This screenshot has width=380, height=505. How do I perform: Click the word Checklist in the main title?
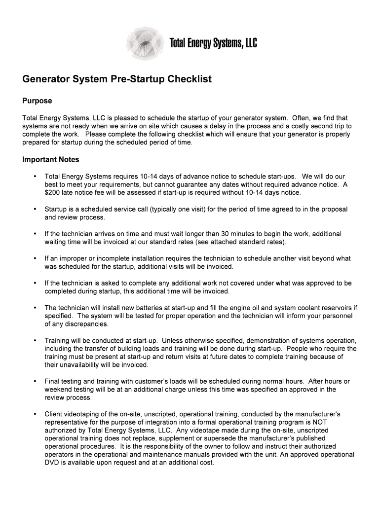click(x=190, y=79)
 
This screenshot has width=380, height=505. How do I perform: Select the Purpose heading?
click(x=38, y=101)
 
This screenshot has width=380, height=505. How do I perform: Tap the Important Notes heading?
click(x=51, y=160)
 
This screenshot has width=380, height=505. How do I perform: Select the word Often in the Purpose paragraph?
click(x=301, y=118)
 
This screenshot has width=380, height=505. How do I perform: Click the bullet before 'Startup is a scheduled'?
click(x=35, y=210)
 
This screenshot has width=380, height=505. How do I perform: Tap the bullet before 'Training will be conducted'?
click(x=35, y=341)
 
